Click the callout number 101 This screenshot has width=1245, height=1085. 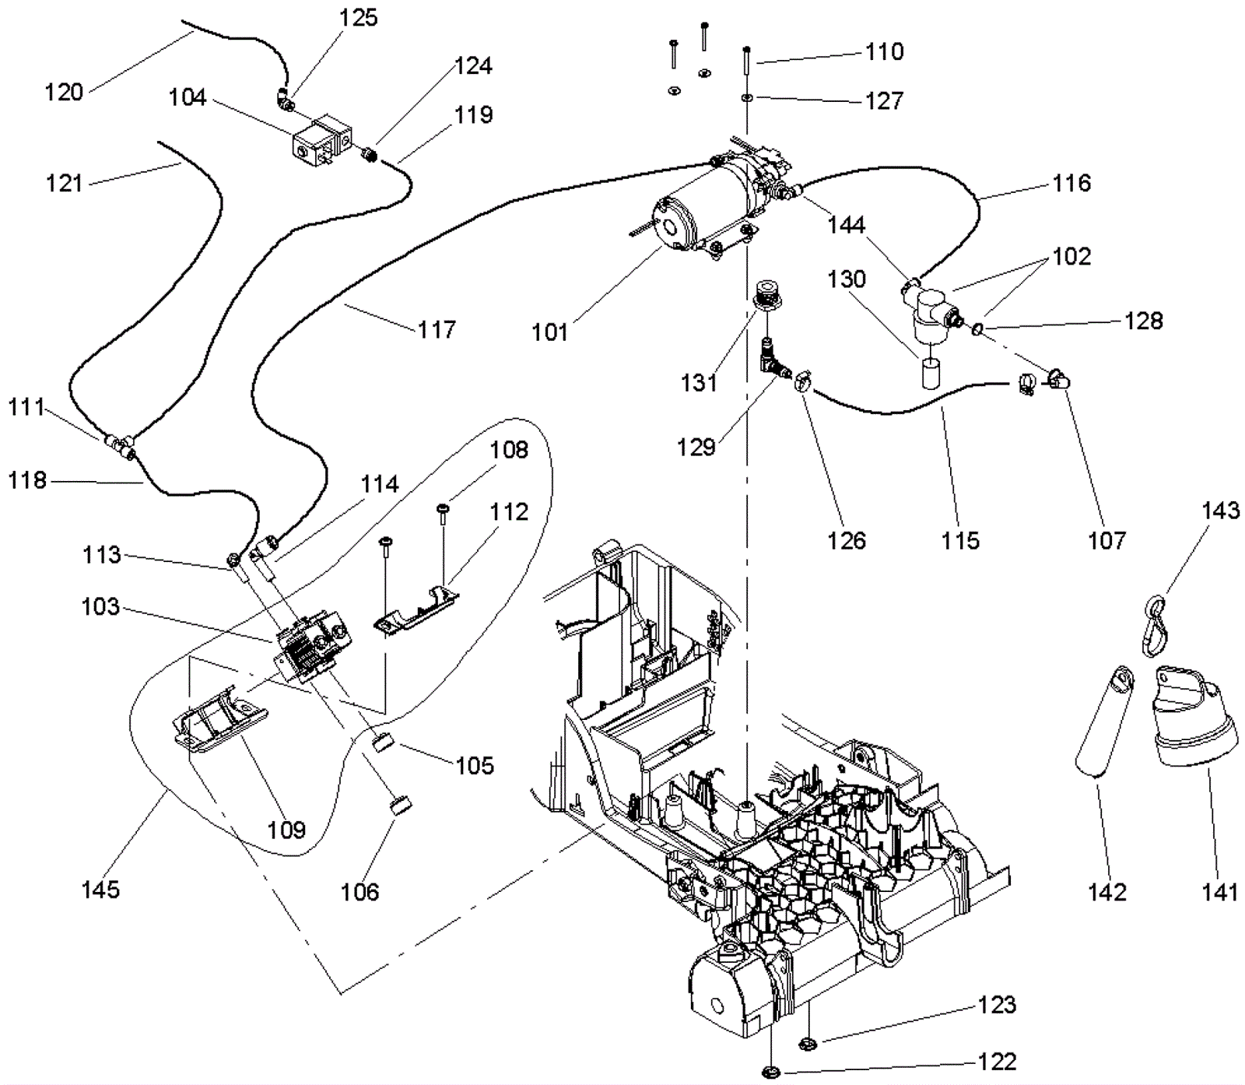tap(549, 332)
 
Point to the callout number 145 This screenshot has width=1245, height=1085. tap(101, 889)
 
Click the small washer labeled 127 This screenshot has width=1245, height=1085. tap(746, 98)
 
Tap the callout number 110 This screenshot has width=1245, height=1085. tap(885, 51)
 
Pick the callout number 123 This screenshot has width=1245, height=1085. tap(997, 1005)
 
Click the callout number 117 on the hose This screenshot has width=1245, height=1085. tap(437, 330)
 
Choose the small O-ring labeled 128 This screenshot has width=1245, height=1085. tap(977, 328)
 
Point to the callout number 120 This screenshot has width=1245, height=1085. tap(64, 92)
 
